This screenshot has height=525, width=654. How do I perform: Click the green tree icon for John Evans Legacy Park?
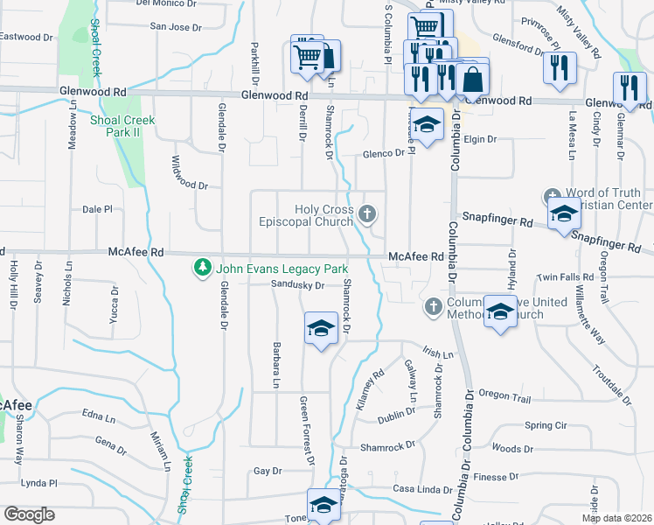pos(203,266)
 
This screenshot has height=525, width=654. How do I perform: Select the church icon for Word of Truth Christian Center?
pos(552,196)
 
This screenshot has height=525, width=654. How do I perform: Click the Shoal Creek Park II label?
pos(122,125)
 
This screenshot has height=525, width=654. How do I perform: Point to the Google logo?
pos(29,514)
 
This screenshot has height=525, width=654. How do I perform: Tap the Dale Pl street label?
pos(98,210)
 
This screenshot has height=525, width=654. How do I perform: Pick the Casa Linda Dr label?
pos(418,488)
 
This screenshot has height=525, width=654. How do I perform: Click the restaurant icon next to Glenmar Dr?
pos(630,87)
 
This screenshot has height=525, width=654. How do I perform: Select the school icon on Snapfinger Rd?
pos(564,214)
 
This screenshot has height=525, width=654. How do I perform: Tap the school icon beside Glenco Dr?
pos(427,126)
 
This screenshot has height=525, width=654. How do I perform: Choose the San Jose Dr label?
pos(177,26)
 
